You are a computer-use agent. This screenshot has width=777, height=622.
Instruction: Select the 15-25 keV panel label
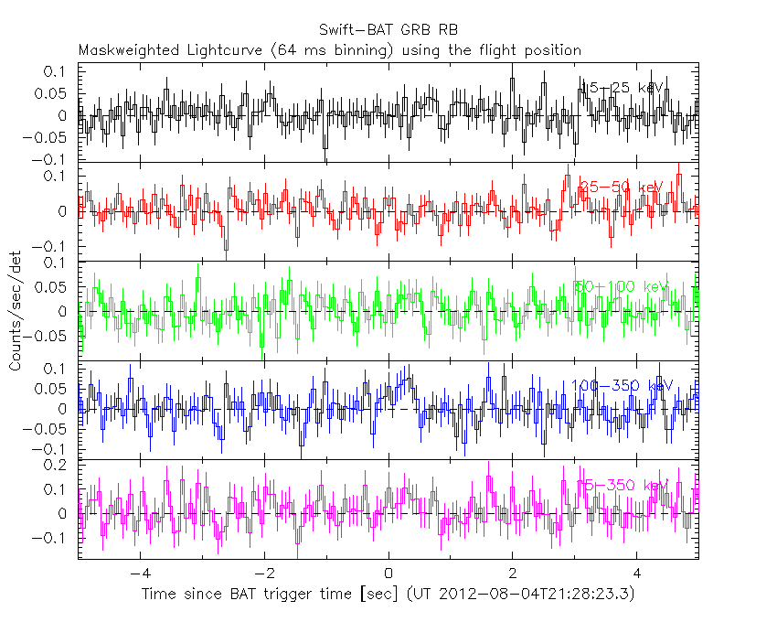tap(621, 88)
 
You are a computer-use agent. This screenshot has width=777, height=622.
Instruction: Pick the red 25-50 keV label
tap(619, 188)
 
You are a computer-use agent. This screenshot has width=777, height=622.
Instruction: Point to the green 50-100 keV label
tap(622, 287)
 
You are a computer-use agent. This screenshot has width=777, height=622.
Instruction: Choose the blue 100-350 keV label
tap(622, 386)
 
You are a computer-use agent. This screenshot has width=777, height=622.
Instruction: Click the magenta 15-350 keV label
tap(622, 485)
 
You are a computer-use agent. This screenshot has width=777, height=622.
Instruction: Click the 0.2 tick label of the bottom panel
tap(58, 465)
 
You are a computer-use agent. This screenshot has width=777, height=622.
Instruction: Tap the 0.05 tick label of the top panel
tap(52, 92)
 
